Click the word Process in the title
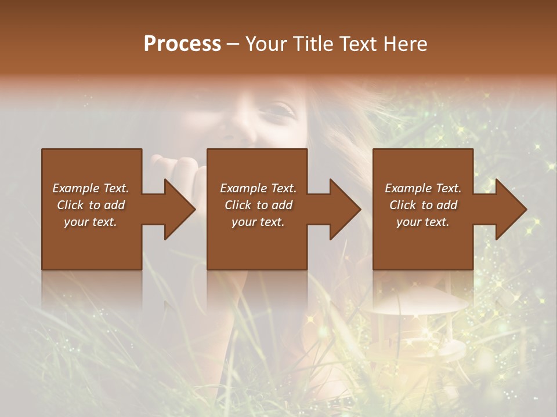click(x=182, y=44)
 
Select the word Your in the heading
click(x=265, y=44)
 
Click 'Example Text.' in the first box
click(x=91, y=188)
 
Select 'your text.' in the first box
click(x=91, y=222)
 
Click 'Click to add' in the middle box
click(x=258, y=205)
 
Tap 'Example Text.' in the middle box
click(x=258, y=188)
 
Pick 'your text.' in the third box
click(x=422, y=222)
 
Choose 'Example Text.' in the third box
click(x=422, y=188)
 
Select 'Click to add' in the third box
click(x=422, y=205)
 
